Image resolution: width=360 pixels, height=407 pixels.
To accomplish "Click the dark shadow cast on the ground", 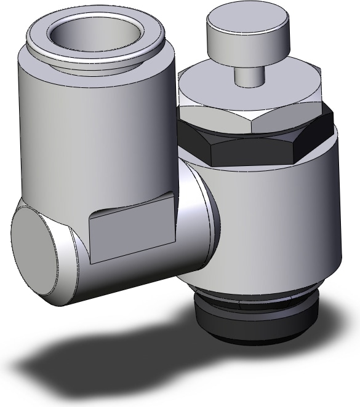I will [123, 357].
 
